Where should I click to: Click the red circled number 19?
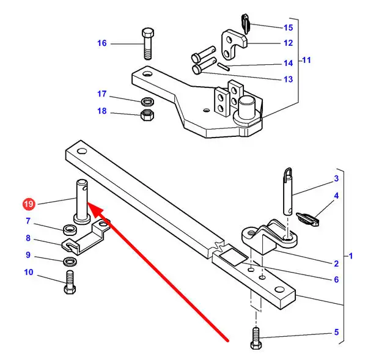(29, 204)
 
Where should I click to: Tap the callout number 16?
(101, 43)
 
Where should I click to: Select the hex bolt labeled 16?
(147, 44)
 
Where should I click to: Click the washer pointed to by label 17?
(147, 101)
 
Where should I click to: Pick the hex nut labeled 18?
(147, 115)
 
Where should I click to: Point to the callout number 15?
(288, 28)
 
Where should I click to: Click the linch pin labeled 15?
(246, 23)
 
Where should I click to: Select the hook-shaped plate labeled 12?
(234, 44)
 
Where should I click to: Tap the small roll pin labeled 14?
(224, 67)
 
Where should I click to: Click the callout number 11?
(306, 60)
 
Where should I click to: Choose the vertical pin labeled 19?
(82, 202)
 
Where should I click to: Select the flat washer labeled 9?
(70, 261)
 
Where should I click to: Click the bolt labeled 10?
(70, 282)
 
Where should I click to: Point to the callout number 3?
(336, 178)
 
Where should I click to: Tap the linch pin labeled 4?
(308, 219)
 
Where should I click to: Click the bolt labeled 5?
(256, 338)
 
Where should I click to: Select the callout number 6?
(336, 279)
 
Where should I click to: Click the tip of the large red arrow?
(88, 202)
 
